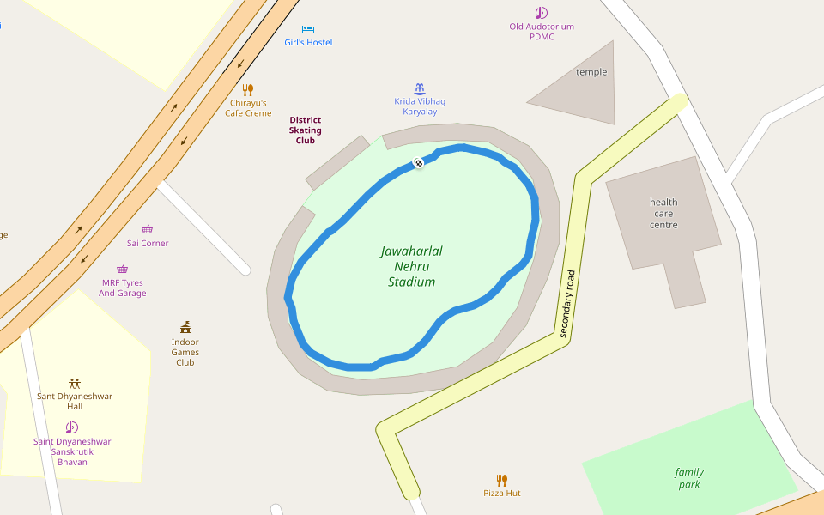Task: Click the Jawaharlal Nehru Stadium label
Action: pos(411,266)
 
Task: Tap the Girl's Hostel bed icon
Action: pos(308,29)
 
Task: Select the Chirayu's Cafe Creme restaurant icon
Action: pos(248,89)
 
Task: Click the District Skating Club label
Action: pos(306,130)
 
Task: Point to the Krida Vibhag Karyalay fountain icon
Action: pos(420,88)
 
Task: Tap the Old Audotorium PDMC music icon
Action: pos(541,13)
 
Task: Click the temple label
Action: pos(591,72)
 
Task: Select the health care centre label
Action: pos(663,214)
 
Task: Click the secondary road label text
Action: pos(567,304)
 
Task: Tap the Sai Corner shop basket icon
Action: pos(148,229)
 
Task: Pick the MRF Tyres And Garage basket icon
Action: pos(122,269)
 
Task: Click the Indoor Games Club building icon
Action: pos(185,327)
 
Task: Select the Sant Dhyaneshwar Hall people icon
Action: pos(75,383)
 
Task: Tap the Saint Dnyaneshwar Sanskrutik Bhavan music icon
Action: pos(72,427)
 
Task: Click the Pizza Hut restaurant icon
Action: pos(502,480)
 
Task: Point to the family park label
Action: pos(688,478)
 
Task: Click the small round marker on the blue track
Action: pos(419,163)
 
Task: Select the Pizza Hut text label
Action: pos(502,494)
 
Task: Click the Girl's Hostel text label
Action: pos(308,43)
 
